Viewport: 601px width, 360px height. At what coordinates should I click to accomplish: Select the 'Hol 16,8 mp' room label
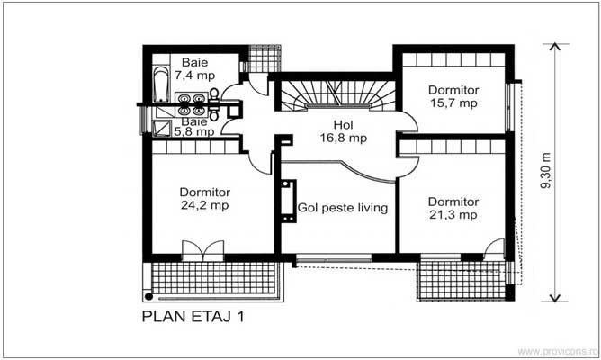[343, 131]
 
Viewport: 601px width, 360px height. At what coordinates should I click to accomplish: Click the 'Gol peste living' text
[343, 208]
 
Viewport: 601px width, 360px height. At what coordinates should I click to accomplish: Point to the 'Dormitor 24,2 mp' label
[205, 199]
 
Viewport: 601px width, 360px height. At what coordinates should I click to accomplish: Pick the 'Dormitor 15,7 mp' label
[453, 96]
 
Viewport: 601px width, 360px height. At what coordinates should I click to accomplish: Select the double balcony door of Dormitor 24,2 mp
[199, 251]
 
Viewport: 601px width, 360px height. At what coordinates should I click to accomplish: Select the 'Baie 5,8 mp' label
[194, 126]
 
